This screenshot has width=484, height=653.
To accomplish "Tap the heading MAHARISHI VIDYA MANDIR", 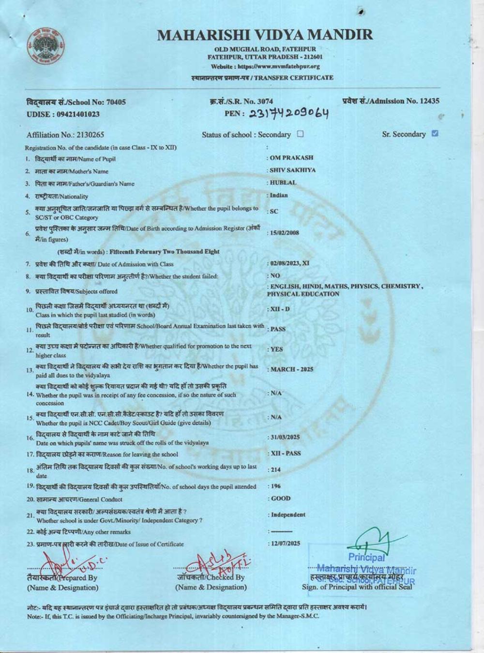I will pyautogui.click(x=265, y=35).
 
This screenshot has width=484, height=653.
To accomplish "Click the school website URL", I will pyautogui.click(x=265, y=66).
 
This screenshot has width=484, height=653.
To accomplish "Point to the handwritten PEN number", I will pyautogui.click(x=289, y=113).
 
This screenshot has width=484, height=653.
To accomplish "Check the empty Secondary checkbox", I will pyautogui.click(x=301, y=134).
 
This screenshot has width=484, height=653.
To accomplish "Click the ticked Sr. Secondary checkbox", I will pyautogui.click(x=434, y=134).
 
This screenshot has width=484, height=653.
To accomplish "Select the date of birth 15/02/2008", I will pyautogui.click(x=285, y=233).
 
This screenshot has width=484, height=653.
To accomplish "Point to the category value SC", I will pyautogui.click(x=274, y=211).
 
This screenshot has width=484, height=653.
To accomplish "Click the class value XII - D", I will pyautogui.click(x=280, y=309).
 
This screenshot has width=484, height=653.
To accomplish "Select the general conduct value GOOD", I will pyautogui.click(x=281, y=498).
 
